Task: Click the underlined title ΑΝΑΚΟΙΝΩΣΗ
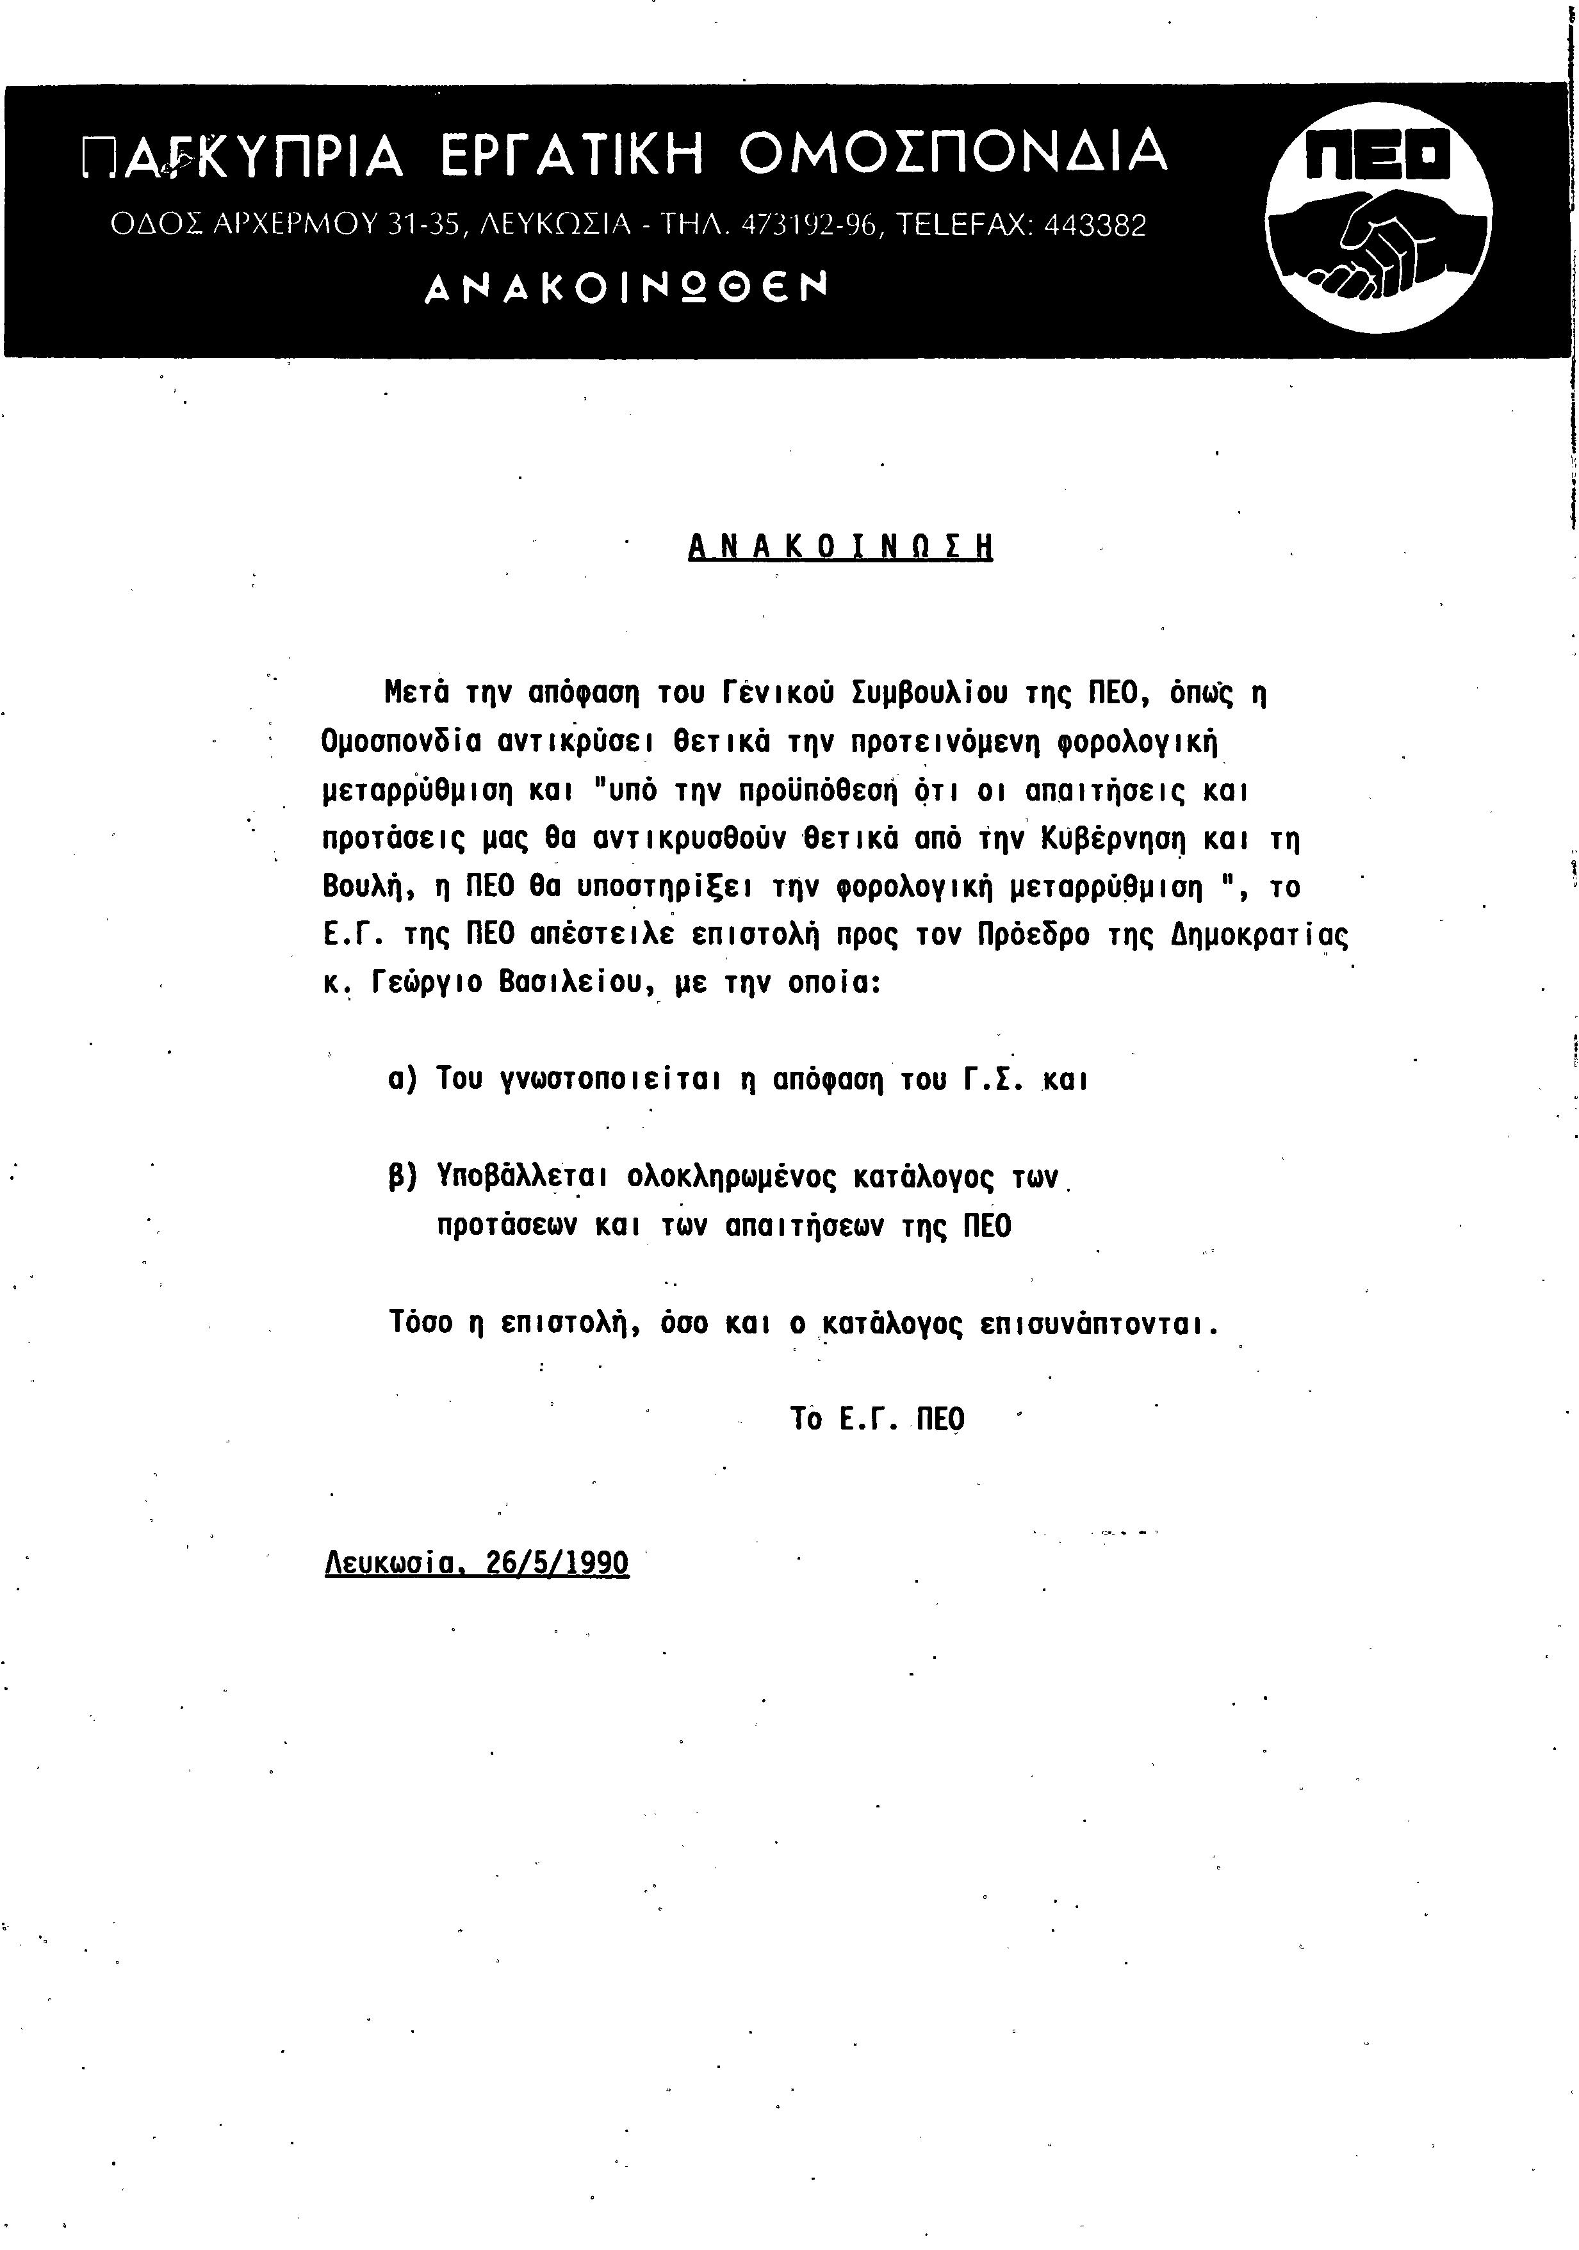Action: click(840, 546)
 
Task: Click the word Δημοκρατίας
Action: click(1259, 936)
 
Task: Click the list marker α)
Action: click(404, 1080)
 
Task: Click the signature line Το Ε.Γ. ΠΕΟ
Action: click(877, 1419)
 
